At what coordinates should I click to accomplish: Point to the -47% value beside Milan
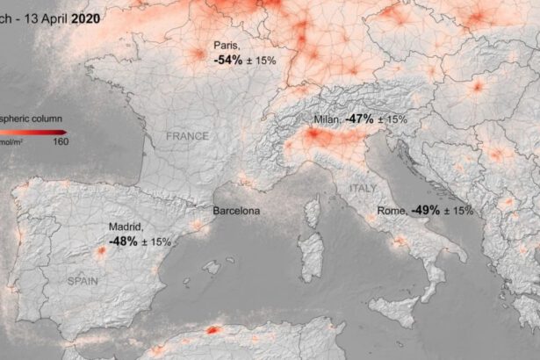point(360,118)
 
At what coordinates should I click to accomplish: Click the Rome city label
point(392,211)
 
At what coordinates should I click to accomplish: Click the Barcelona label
point(236,212)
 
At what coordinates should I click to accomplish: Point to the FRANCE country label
point(188,136)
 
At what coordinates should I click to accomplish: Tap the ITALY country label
point(363,188)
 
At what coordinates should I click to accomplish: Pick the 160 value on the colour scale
point(61,142)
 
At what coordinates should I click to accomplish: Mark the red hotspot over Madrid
point(100,252)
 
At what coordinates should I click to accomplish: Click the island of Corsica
point(311,212)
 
